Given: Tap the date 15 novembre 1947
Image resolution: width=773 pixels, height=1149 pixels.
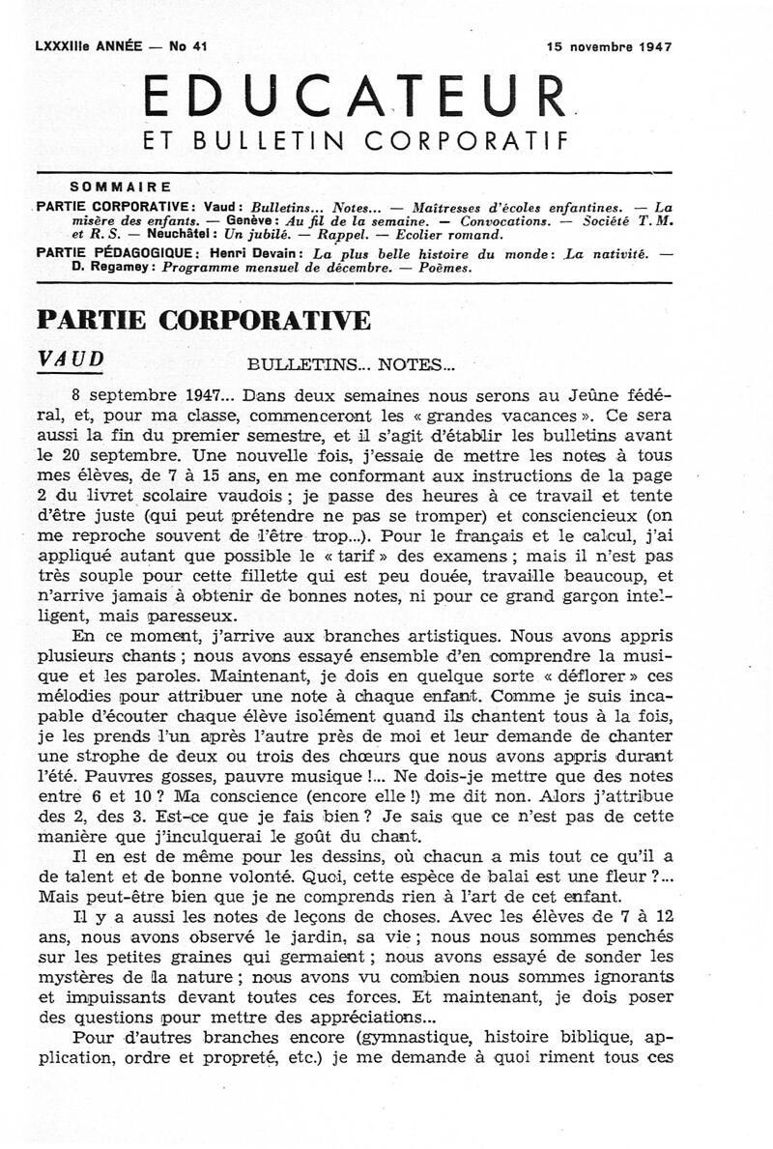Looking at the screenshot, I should coord(609,45).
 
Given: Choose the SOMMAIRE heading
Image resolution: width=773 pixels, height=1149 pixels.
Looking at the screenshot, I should coord(120,187).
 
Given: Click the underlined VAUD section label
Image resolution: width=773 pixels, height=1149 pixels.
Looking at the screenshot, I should coord(70,359).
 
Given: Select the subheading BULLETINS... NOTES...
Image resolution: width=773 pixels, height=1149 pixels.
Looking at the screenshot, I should coord(349,365).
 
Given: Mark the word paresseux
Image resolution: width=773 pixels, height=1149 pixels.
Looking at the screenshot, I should coord(184,615).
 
